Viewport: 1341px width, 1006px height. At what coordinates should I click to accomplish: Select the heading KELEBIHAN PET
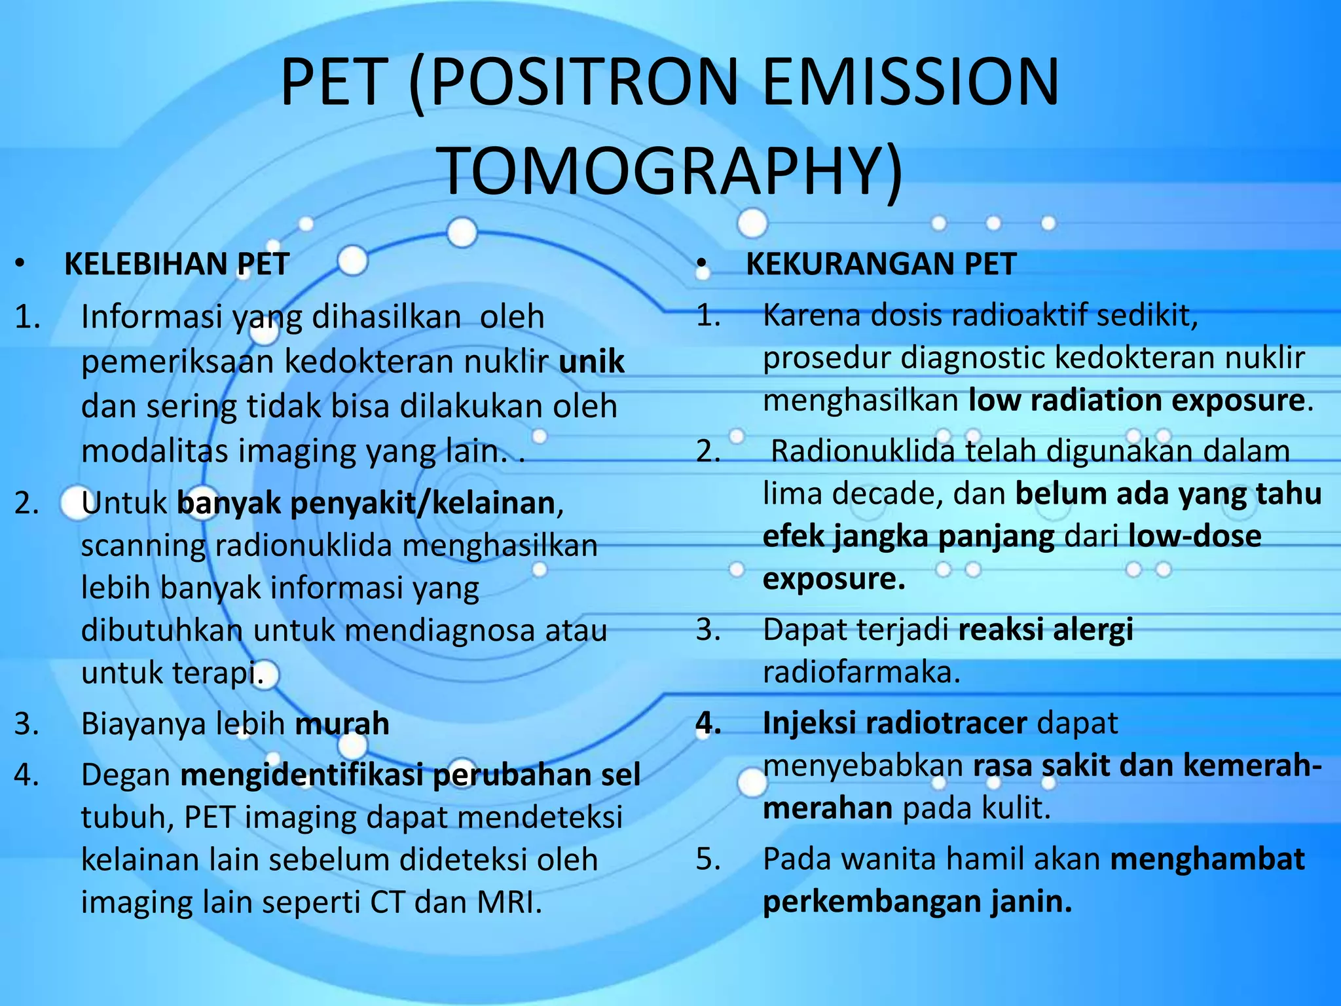177,264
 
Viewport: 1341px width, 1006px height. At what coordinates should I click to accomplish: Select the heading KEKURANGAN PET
881,264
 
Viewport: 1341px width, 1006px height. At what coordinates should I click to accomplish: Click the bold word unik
591,362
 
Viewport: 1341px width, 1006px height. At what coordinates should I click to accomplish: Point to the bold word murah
342,724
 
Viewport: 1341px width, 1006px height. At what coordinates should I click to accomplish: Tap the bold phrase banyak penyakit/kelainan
366,503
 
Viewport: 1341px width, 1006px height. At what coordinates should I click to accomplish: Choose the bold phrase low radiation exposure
1137,400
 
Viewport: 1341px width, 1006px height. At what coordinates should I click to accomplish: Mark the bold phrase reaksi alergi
1045,629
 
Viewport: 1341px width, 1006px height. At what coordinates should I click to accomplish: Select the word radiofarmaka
861,672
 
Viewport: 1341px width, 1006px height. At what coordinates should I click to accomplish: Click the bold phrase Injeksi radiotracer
894,723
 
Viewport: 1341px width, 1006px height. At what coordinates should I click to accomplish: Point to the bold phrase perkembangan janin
917,901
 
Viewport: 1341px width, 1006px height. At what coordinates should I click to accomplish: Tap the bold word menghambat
1207,859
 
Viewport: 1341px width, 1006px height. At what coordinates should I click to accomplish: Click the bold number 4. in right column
708,723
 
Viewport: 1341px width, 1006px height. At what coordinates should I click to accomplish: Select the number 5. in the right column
708,859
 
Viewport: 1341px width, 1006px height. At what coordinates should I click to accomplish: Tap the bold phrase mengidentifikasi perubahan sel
410,775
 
